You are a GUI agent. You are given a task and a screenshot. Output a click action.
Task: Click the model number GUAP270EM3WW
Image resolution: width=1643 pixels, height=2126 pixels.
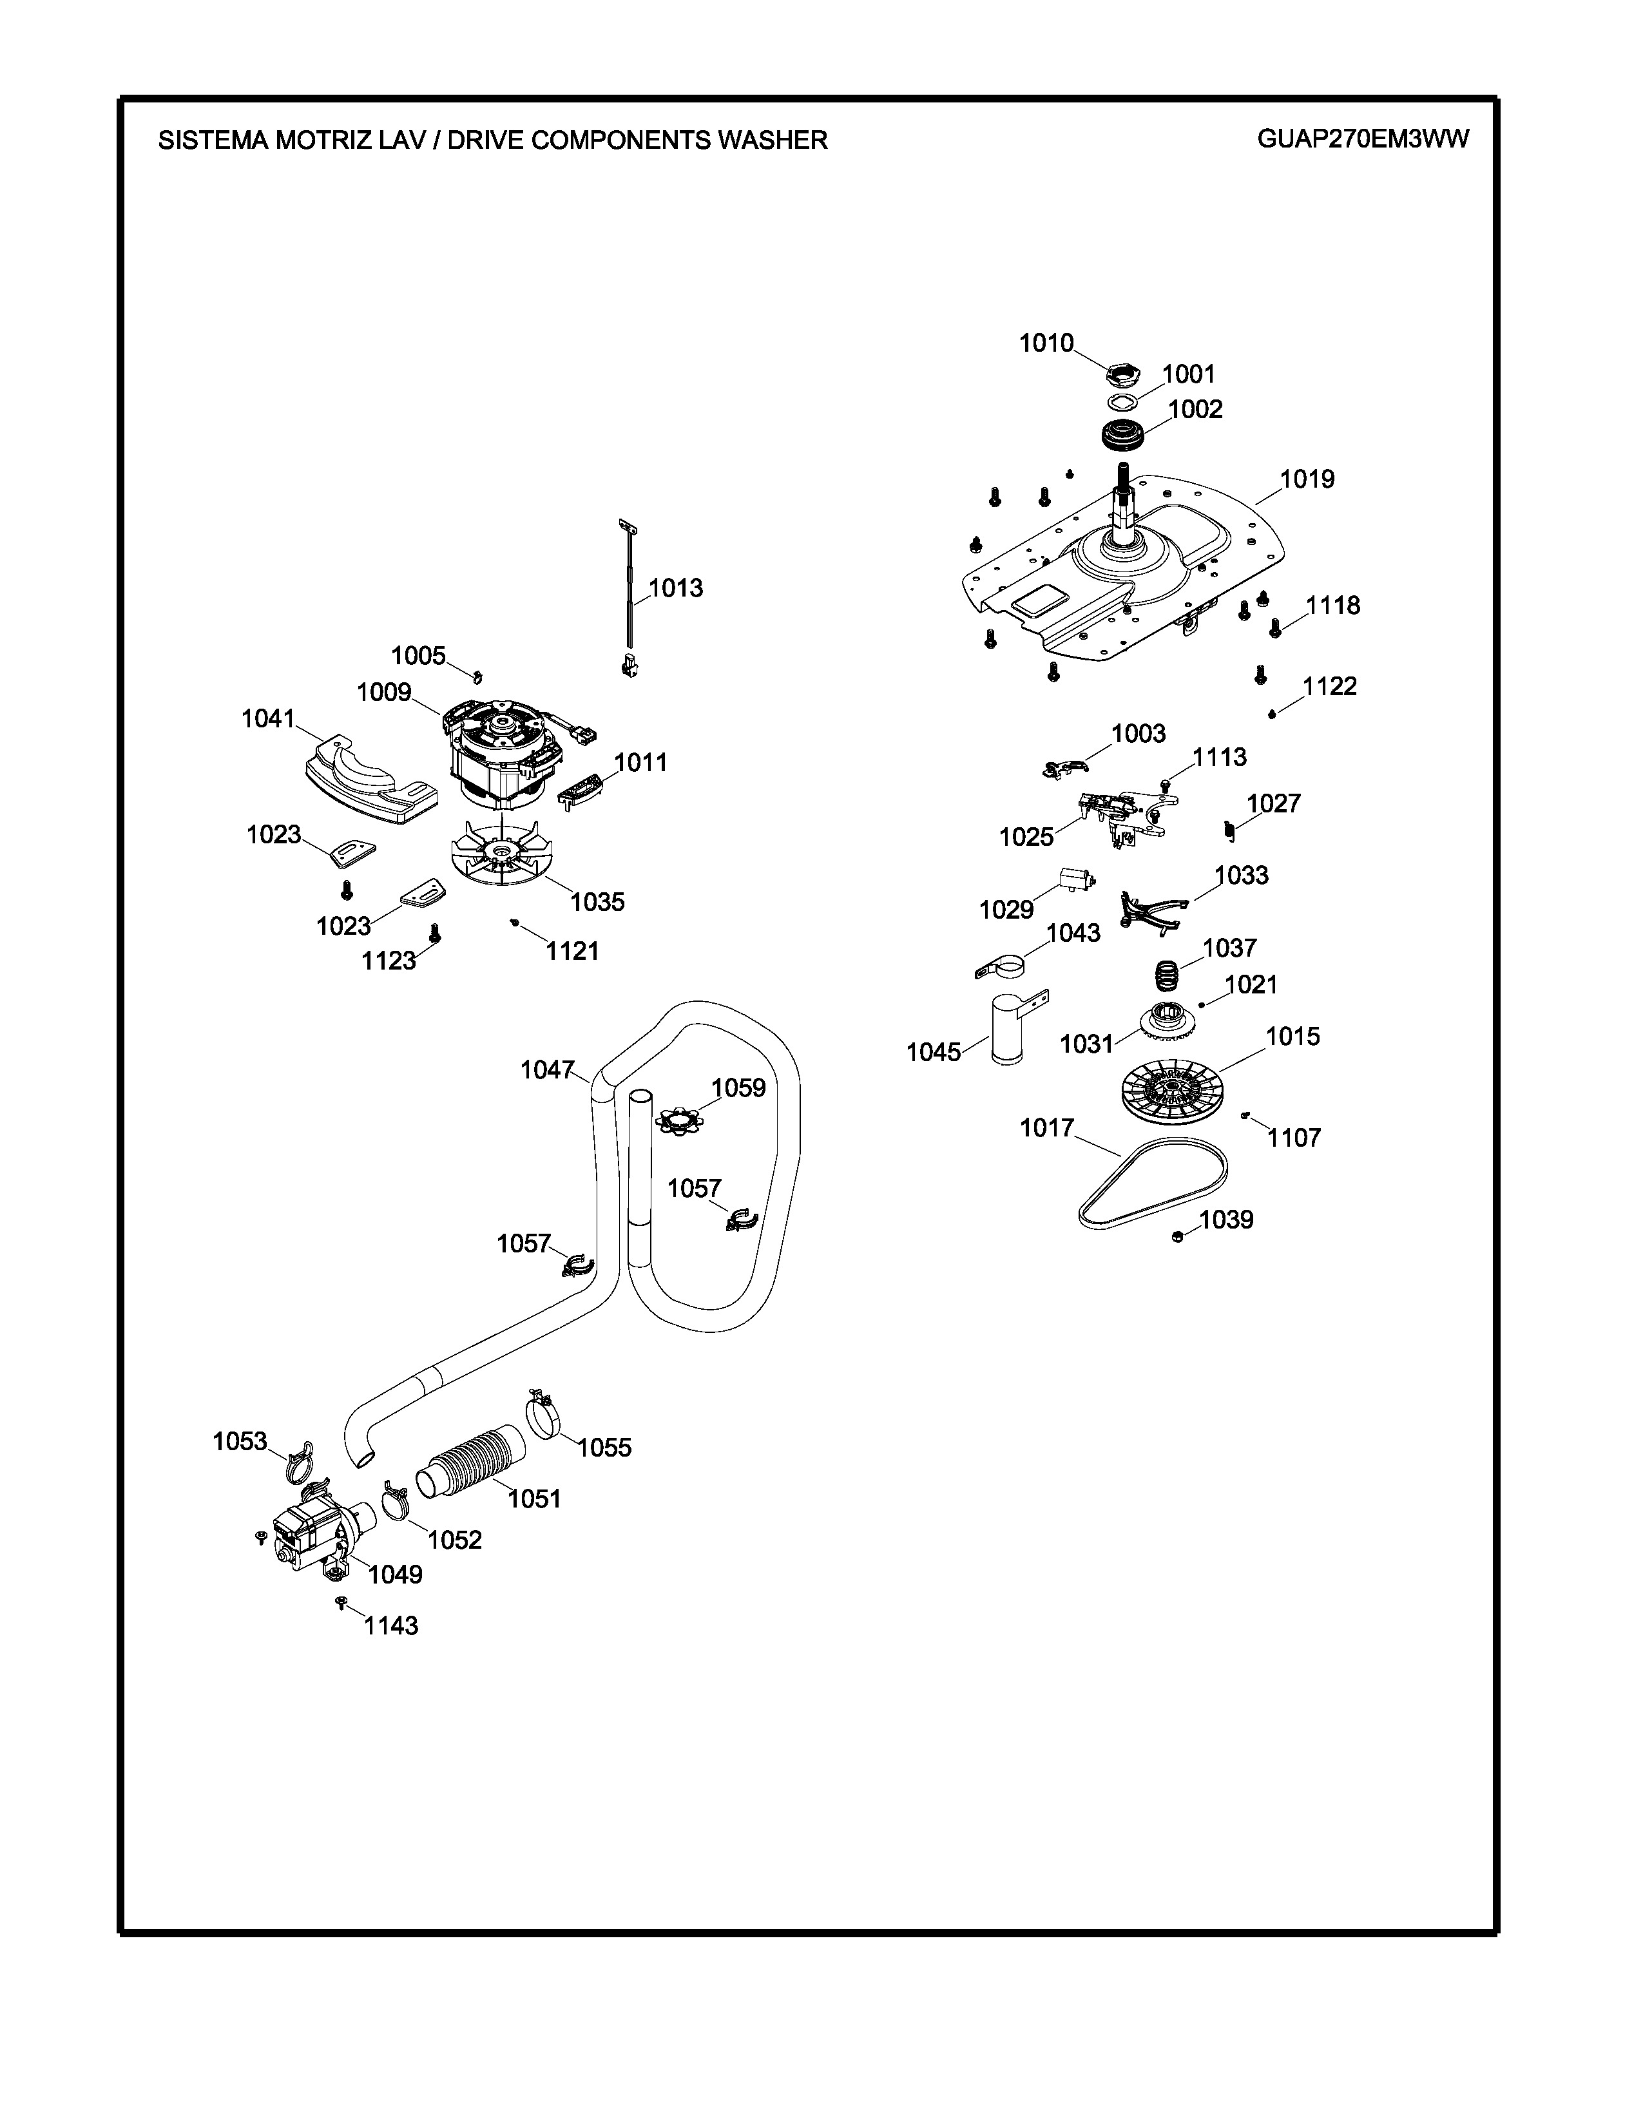pyautogui.click(x=1363, y=139)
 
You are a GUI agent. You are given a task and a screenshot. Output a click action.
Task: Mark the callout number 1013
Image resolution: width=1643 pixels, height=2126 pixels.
pyautogui.click(x=675, y=588)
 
